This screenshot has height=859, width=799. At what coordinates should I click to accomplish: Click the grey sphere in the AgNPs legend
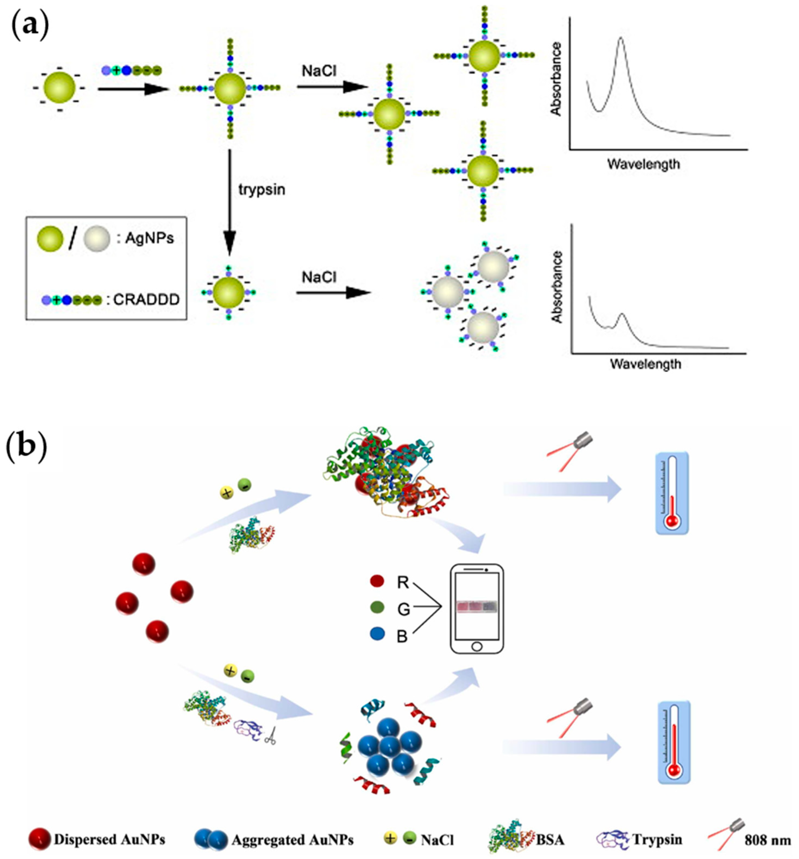pos(99,239)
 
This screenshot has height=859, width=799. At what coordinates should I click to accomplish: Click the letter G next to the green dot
pos(403,609)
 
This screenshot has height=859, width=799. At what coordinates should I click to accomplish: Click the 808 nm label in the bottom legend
pos(768,840)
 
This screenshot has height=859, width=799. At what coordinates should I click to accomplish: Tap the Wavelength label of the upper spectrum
pos(643,164)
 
